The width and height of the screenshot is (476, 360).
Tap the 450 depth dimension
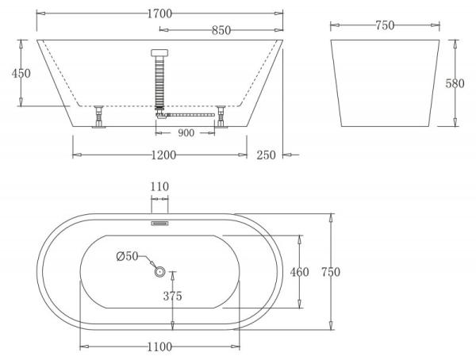click(x=21, y=73)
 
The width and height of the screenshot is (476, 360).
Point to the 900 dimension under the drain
click(x=186, y=132)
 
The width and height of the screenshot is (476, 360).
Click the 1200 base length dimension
click(x=162, y=155)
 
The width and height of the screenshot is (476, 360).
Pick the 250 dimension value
click(x=266, y=155)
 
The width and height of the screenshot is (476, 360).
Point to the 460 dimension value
click(x=299, y=272)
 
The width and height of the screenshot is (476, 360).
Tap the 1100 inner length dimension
click(x=159, y=347)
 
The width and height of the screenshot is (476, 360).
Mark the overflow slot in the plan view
click(x=159, y=223)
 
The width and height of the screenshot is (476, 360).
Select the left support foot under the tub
click(x=98, y=117)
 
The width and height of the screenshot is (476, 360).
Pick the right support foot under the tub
click(x=222, y=117)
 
